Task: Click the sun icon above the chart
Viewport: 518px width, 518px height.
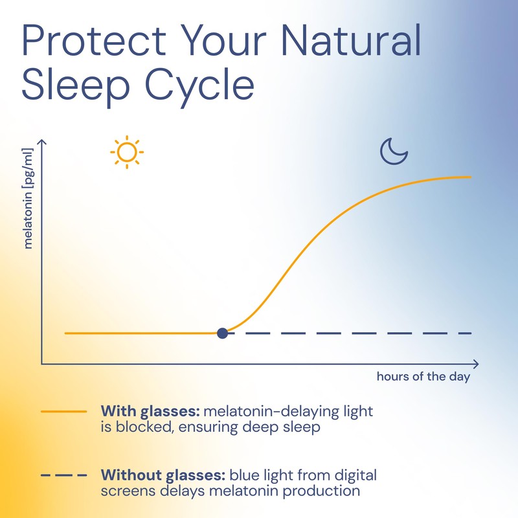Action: click(x=127, y=152)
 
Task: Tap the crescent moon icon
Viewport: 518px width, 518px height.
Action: click(x=394, y=152)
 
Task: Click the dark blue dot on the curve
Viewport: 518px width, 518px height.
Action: click(x=223, y=333)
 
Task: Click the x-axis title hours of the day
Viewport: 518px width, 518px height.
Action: click(x=423, y=377)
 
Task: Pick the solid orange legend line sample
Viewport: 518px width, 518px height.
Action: click(x=63, y=412)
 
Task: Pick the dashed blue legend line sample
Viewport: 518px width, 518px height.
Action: click(x=63, y=475)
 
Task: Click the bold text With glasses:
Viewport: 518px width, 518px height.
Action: click(x=151, y=412)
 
